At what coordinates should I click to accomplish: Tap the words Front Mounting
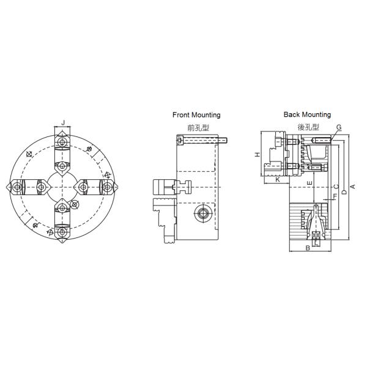196,115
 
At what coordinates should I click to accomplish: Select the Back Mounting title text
307,114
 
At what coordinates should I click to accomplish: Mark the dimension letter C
335,187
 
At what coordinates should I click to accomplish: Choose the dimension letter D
343,192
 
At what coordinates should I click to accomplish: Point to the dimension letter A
352,187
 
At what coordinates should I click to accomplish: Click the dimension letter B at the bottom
307,248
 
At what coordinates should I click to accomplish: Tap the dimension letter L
316,242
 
